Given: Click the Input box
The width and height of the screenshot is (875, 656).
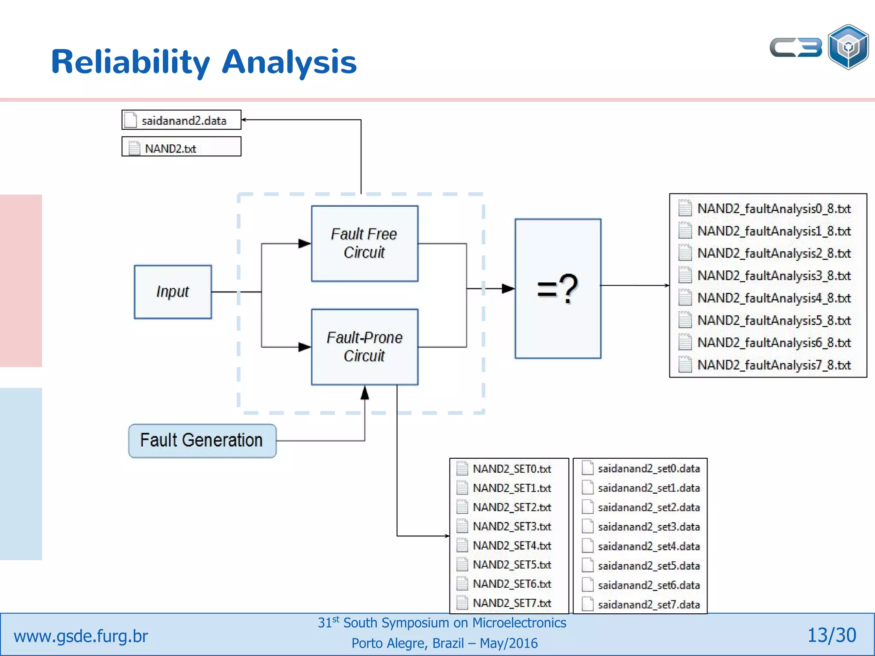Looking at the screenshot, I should (173, 292).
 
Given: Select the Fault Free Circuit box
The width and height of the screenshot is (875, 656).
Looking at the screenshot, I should (364, 243).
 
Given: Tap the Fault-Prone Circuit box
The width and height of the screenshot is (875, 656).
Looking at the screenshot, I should (364, 347).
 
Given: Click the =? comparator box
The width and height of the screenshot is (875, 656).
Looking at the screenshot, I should (558, 289).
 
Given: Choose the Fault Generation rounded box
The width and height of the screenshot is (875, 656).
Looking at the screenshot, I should (202, 441).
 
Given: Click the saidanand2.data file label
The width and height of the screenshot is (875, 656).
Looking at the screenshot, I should (184, 121).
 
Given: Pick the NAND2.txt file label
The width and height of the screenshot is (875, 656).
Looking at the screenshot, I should (170, 149).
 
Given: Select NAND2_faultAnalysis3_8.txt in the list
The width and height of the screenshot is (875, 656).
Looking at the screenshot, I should (774, 276).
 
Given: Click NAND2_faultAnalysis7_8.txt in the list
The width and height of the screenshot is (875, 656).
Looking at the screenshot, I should (774, 365).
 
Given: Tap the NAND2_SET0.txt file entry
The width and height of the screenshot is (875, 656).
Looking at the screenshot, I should (512, 469).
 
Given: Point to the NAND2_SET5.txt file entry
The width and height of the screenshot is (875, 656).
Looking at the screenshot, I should (512, 565).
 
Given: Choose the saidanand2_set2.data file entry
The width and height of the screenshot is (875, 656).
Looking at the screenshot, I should (649, 507).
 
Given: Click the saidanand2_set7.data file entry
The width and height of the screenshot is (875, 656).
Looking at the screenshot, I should (649, 605).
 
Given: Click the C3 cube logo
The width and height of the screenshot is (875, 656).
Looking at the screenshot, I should (848, 47).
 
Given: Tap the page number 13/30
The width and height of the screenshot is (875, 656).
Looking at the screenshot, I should (831, 635).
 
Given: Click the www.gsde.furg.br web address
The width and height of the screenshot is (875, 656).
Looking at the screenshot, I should (81, 636).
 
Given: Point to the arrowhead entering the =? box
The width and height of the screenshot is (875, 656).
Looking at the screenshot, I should (508, 289).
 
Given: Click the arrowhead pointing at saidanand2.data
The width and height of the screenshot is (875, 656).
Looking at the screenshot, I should (244, 120).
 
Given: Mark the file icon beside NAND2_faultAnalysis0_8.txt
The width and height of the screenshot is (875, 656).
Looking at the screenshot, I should (685, 208).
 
